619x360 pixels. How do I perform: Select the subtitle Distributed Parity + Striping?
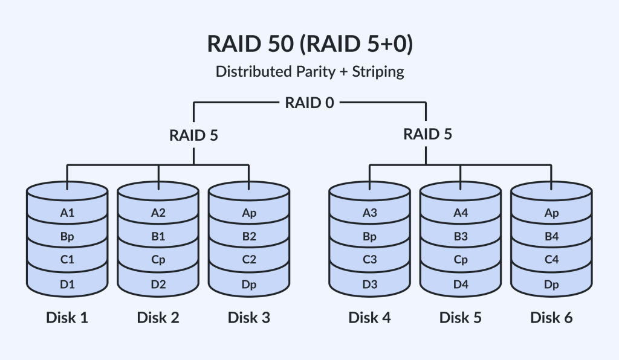point(309,71)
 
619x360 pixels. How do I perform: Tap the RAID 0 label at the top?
point(309,103)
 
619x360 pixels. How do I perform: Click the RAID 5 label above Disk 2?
point(193,134)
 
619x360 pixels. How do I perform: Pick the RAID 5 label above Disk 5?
point(427,134)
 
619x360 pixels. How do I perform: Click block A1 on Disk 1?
point(67,213)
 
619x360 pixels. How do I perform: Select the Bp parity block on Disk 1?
point(67,237)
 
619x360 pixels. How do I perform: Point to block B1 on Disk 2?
point(158,237)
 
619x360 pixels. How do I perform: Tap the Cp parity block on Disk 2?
point(158,260)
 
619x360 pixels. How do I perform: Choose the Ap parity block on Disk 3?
point(249,213)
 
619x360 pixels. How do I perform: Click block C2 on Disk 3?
point(249,260)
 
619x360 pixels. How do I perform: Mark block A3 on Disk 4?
point(369,213)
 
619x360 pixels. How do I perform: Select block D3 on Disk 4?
point(369,284)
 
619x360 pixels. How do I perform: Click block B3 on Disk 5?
point(461,237)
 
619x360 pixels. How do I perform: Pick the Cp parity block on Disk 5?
point(461,260)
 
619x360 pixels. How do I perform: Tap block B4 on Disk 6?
point(551,237)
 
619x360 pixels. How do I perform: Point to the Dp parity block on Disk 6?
point(551,284)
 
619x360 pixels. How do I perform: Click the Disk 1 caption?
point(67,317)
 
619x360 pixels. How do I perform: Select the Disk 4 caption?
point(369,317)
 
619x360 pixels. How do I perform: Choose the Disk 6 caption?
point(551,317)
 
